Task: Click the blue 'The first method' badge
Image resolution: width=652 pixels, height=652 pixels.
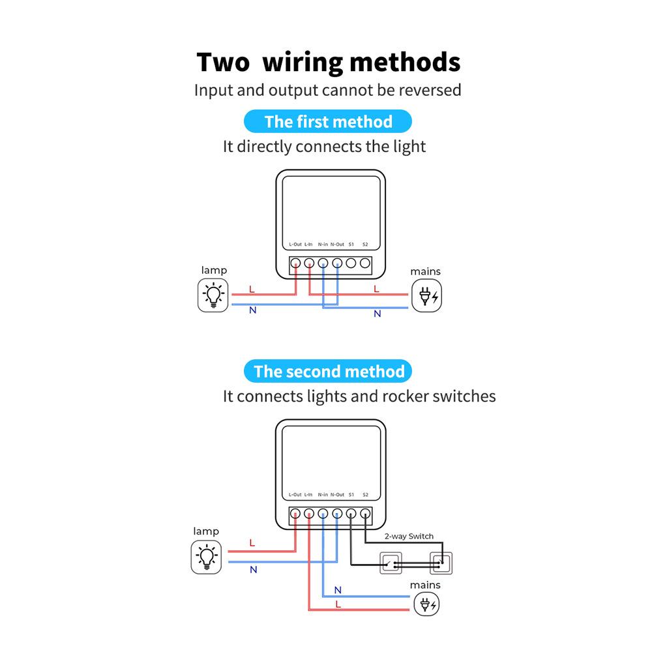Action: pos(328,122)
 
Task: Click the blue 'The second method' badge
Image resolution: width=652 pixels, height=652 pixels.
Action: pos(329,372)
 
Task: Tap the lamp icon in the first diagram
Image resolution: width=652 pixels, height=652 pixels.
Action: pos(213,295)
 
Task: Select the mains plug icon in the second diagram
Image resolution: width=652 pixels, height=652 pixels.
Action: pos(427,604)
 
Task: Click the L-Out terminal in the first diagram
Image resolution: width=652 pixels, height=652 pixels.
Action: pos(295,263)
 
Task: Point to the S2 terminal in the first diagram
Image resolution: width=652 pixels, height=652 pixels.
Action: pos(365,263)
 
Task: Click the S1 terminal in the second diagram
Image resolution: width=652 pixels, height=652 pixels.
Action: pos(351,513)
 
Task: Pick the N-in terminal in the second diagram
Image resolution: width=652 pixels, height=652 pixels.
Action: pos(323,513)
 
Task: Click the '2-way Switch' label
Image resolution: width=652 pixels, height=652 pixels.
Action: pos(409,537)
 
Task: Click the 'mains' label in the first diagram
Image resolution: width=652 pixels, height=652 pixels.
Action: pos(425,271)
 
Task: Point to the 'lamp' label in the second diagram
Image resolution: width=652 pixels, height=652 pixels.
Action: pos(206,531)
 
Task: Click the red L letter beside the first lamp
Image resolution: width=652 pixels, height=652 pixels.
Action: pos(252,289)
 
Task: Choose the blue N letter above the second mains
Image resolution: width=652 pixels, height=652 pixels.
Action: pos(338,590)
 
